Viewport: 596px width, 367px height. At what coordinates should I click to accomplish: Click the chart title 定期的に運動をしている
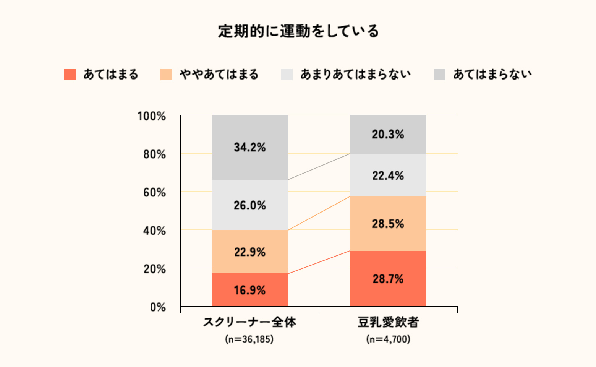(x=298, y=31)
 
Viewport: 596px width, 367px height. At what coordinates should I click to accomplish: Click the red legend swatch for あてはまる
(x=70, y=74)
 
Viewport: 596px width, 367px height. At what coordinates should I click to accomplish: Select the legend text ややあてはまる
(x=219, y=74)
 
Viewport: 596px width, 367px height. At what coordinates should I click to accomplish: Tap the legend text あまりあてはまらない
(x=355, y=74)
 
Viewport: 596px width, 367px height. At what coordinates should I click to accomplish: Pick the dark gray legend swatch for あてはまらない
(x=440, y=74)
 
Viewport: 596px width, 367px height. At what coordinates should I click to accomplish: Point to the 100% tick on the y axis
(x=152, y=116)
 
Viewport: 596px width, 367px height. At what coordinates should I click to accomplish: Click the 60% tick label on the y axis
(x=154, y=192)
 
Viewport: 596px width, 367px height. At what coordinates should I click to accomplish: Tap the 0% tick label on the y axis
(x=158, y=307)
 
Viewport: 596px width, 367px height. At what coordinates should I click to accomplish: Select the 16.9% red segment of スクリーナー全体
(x=249, y=290)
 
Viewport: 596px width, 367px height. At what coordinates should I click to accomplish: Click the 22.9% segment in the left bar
(x=249, y=252)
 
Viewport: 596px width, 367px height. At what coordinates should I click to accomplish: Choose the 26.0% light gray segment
(x=249, y=205)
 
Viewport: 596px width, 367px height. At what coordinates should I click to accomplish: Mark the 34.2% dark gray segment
(x=249, y=147)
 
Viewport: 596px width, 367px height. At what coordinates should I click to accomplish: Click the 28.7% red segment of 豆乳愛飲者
(x=388, y=278)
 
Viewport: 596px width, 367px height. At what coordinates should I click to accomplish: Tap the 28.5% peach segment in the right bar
(x=388, y=224)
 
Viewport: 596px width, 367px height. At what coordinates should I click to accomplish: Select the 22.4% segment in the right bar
(x=388, y=175)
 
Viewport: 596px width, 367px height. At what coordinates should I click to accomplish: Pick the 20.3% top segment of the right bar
(x=388, y=134)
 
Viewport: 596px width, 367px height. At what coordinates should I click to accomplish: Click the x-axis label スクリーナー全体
(x=249, y=322)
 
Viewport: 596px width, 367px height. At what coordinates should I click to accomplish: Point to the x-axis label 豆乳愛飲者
(x=388, y=322)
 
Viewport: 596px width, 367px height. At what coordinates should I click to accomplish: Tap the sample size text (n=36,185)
(x=249, y=339)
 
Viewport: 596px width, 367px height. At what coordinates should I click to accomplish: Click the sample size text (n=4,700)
(x=388, y=339)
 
